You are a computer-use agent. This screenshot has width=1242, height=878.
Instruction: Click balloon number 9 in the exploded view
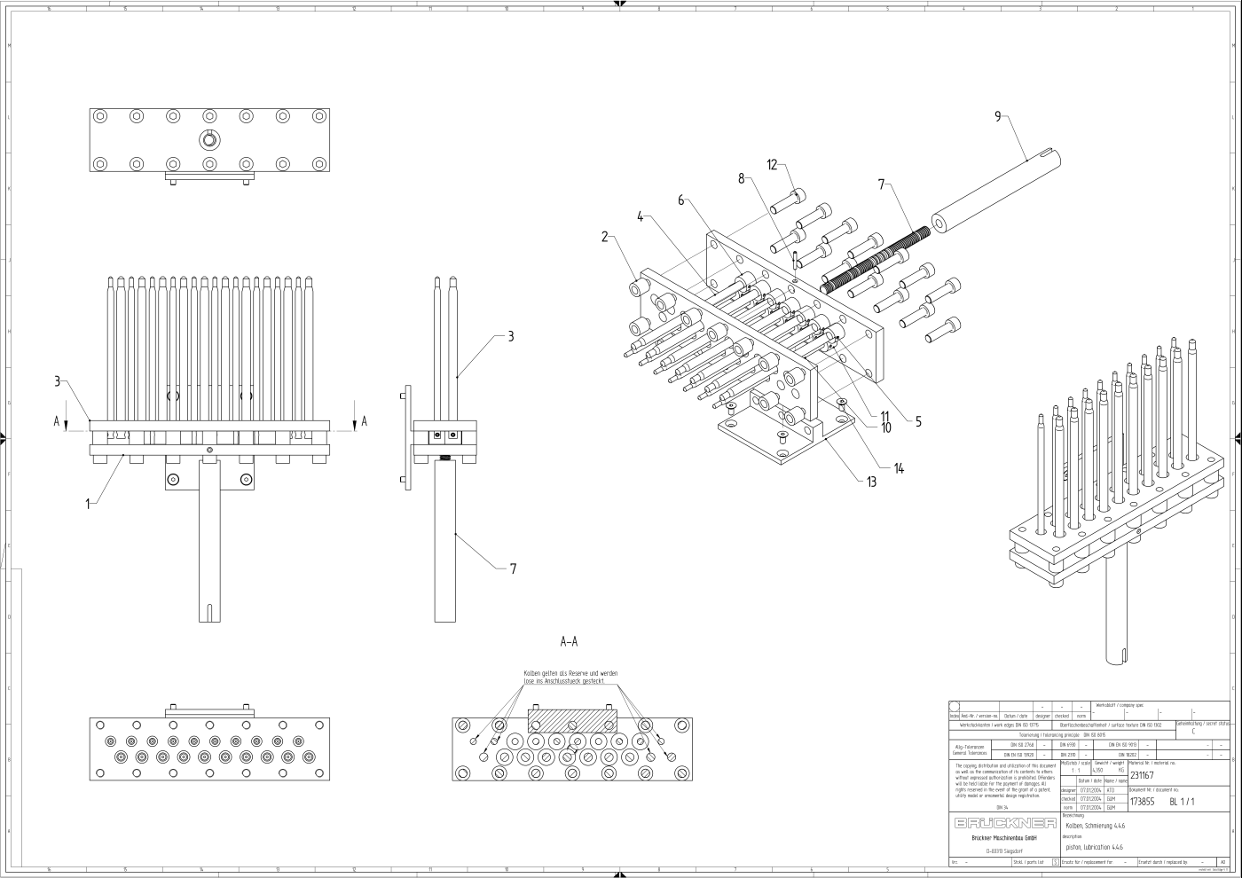(x=998, y=116)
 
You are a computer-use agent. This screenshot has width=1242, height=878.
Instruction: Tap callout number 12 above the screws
(x=772, y=165)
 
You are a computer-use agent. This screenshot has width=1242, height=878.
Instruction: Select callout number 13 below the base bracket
(x=872, y=482)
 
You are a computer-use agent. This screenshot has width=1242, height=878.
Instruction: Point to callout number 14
(x=899, y=468)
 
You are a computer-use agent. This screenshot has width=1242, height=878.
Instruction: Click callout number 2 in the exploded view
(x=605, y=237)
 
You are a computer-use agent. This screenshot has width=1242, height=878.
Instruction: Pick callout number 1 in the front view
(x=88, y=504)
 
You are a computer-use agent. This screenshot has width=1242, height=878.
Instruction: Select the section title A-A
(x=570, y=641)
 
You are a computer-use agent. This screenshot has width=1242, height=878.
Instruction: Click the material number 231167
(x=1142, y=774)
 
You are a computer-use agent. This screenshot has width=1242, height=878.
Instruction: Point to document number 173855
(x=1142, y=802)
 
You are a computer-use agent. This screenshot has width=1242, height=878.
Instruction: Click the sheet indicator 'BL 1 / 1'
(x=1183, y=802)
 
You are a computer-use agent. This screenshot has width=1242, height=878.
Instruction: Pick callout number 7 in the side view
(x=513, y=569)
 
